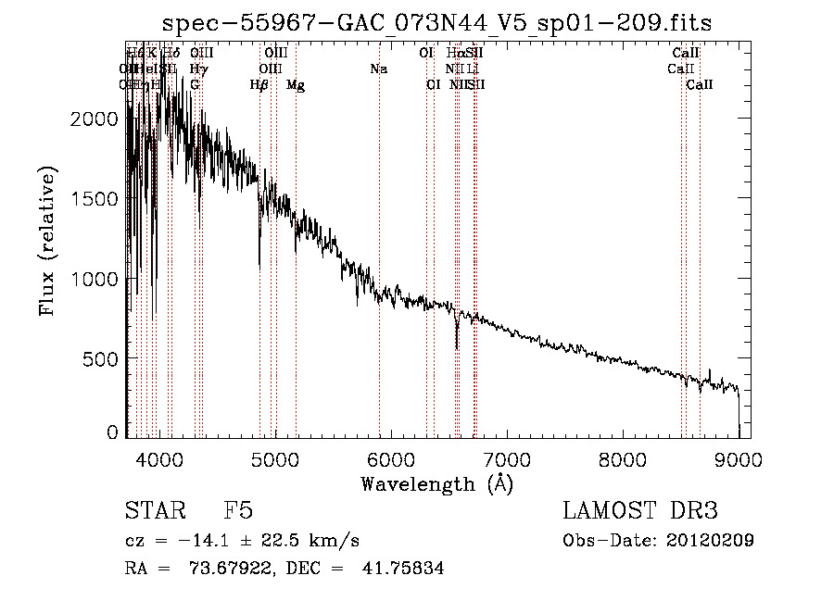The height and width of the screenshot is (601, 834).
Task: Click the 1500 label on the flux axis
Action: pos(96,199)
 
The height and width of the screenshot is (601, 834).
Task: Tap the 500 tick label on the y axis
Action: pos(103,359)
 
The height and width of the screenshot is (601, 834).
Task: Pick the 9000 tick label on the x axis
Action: pos(739,457)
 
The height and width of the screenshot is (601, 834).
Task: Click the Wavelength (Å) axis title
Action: pos(436,483)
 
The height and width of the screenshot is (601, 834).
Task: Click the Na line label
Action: pos(378,69)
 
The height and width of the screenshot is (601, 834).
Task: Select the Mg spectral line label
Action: pos(296,85)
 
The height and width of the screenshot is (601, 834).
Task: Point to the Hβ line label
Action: pos(259,85)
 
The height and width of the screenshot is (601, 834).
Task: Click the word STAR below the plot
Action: pos(153,511)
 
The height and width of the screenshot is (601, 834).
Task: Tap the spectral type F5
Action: pos(238,511)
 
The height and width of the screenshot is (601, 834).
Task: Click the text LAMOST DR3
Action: pos(640,511)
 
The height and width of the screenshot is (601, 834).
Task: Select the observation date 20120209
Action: pos(714,541)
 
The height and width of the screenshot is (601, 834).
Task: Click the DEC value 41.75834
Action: pos(406,569)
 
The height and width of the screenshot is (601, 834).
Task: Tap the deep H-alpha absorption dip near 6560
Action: pos(457,346)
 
